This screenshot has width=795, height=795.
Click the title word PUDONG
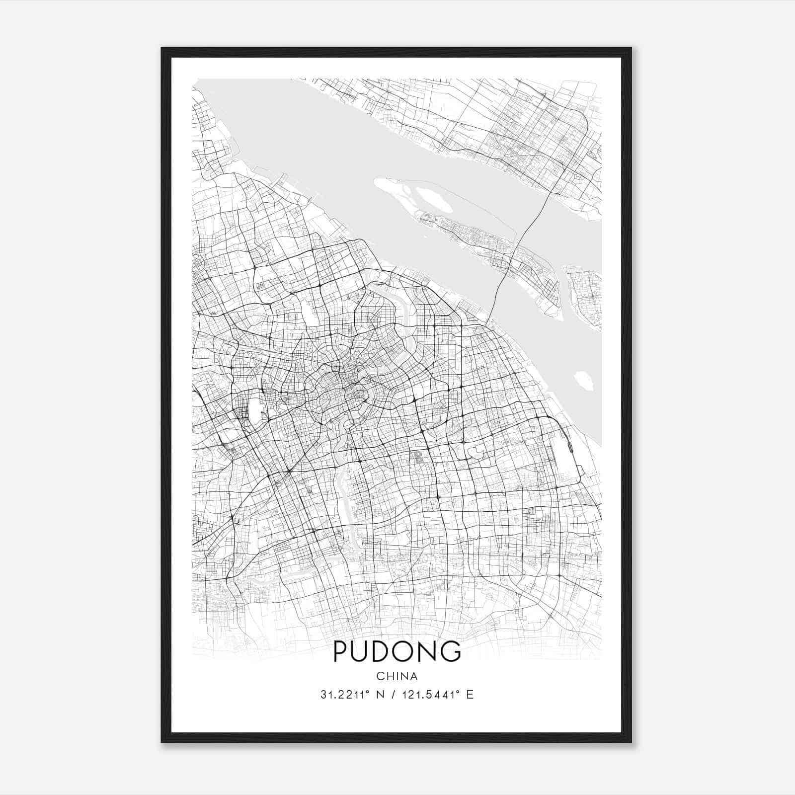(397, 651)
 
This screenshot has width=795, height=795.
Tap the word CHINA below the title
(397, 676)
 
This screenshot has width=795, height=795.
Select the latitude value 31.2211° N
(348, 695)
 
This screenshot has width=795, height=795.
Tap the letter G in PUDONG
(451, 651)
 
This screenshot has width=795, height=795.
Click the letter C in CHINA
(380, 676)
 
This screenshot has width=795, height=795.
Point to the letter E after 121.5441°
(470, 695)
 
